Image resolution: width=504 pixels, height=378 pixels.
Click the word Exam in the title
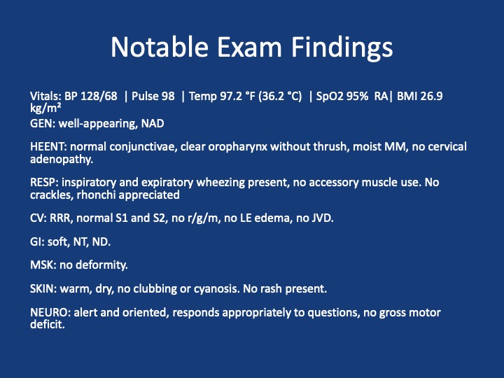(x=249, y=47)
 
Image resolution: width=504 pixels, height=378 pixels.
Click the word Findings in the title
(x=342, y=48)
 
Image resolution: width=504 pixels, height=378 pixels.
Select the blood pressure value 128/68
(x=99, y=96)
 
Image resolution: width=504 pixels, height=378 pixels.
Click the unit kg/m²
(x=45, y=108)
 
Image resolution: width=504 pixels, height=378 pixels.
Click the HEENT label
(x=48, y=146)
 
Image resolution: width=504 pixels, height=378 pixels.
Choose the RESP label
(x=44, y=182)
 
